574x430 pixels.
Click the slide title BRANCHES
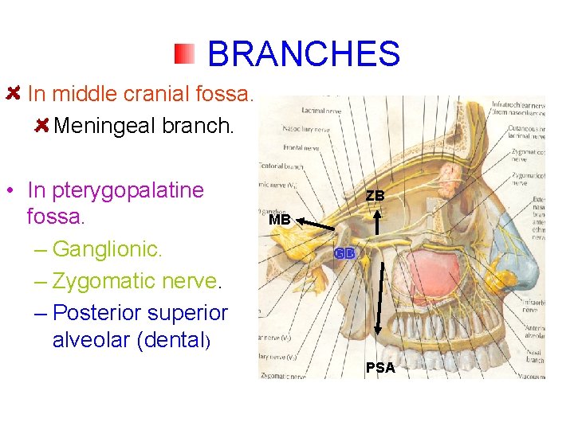click(x=303, y=54)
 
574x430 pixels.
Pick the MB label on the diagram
click(x=280, y=220)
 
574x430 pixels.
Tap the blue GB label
click(x=344, y=253)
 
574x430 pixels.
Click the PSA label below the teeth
click(x=380, y=367)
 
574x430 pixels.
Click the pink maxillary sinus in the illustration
click(x=431, y=272)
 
